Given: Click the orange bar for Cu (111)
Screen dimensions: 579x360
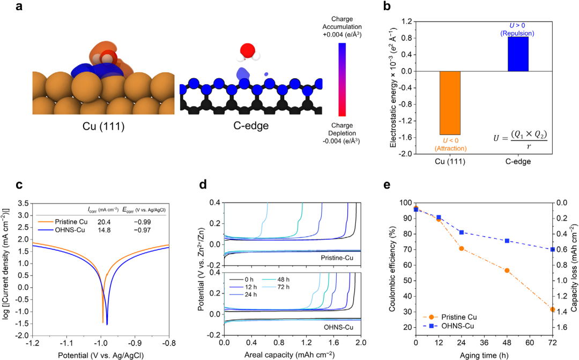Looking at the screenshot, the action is pos(450,103).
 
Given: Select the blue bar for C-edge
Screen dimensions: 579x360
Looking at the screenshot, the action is pos(518,54).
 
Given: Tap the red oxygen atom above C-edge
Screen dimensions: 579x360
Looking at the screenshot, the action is pos(247,50).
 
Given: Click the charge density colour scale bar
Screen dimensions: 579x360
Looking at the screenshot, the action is pos(342,79).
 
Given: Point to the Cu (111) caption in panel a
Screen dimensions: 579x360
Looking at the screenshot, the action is pos(103,126).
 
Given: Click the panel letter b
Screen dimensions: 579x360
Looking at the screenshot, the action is pos(387,6).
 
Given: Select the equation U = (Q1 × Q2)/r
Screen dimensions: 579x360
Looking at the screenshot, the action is pos(520,139).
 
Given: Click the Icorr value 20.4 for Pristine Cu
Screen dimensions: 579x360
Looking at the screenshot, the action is pos(104,222).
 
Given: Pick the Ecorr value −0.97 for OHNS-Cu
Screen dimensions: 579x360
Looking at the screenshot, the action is pos(142,230).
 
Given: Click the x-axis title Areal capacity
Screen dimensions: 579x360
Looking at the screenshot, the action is pos(289,355).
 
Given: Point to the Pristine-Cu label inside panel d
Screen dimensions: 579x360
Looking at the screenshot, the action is pos(337,258).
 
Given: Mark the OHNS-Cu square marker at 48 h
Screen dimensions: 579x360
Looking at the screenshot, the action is pos(507,241).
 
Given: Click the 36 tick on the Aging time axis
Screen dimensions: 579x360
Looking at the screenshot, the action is pos(484,342).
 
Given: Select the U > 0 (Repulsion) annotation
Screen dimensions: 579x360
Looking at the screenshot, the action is pos(517,29).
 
